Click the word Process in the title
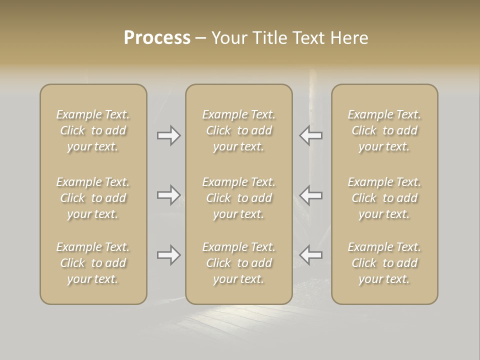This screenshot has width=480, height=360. pos(157,38)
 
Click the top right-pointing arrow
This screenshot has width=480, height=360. pos(169,135)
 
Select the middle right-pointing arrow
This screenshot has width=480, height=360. pos(169,195)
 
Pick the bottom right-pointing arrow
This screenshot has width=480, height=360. pos(169,255)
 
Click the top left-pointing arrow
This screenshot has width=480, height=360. pos(310,135)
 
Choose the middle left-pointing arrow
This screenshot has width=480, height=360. pos(310,195)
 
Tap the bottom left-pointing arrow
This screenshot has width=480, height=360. pos(310,255)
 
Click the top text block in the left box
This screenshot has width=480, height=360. pos(93,130)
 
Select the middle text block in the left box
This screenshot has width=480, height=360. pos(93,198)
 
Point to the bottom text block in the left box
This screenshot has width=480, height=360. pos(93,263)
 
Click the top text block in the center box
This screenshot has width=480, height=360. pos(239,130)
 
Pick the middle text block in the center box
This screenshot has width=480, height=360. pos(239,198)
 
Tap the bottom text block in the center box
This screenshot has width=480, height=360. pos(239,263)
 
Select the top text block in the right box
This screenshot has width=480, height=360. pos(384,130)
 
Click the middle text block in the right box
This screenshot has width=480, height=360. pos(384,198)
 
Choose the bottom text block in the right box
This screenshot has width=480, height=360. pos(384,263)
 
